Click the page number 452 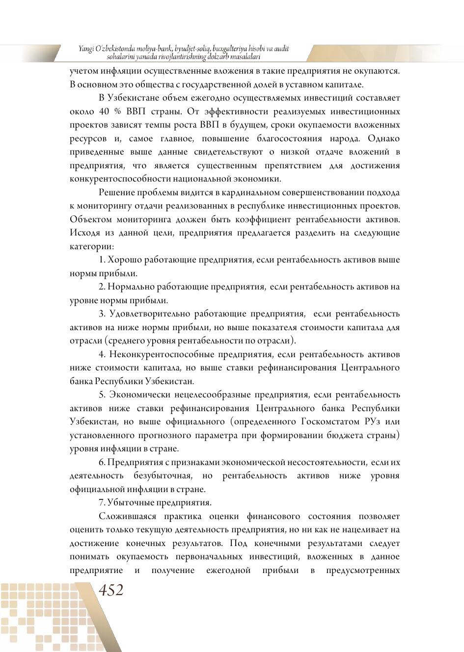[111, 590]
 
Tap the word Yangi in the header [87, 49]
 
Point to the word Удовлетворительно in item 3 [152, 313]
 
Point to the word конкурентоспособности [118, 179]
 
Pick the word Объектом [89, 219]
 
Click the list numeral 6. [102, 462]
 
